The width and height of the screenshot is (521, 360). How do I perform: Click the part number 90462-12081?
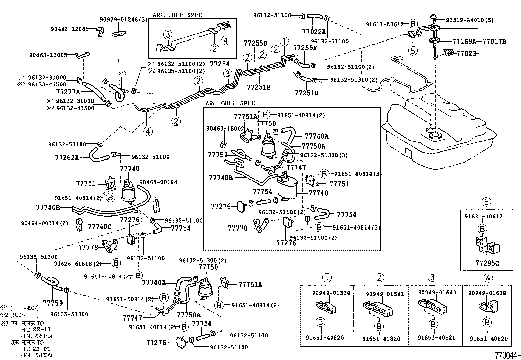pos(69,29)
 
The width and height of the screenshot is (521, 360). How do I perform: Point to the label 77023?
pos(467,53)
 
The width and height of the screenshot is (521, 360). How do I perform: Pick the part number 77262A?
pos(67,157)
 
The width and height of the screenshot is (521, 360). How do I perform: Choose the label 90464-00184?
pos(158,182)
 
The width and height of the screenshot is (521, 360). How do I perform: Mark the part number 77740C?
pos(100,226)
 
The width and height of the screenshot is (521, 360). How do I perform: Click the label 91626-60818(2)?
pos(78,263)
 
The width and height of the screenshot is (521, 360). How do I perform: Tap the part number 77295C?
pos(487,263)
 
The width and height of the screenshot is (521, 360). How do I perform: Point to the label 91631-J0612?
pos(483,216)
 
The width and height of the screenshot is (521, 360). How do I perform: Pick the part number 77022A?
pos(314,32)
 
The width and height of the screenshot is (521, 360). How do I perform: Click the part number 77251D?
pos(306,93)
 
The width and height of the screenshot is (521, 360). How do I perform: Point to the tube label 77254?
pos(220,64)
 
